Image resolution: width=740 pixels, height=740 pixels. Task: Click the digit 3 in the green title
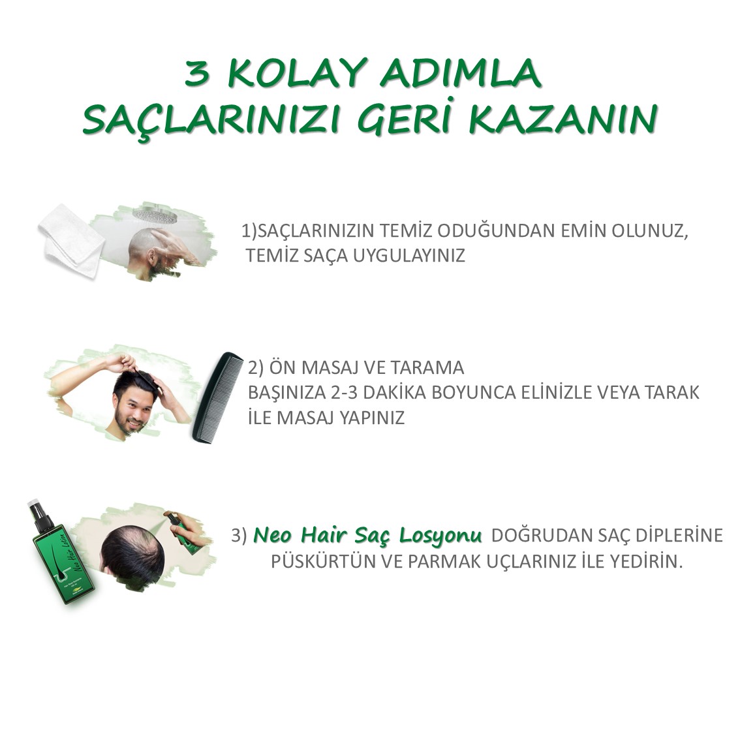(x=197, y=74)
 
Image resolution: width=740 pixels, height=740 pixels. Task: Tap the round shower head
(x=154, y=215)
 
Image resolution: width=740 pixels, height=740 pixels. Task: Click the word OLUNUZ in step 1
(x=650, y=231)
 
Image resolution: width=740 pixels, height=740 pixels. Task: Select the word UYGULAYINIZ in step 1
(x=409, y=255)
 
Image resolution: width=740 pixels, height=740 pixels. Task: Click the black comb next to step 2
(x=217, y=397)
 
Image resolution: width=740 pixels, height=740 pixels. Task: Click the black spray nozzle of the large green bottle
(x=39, y=512)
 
